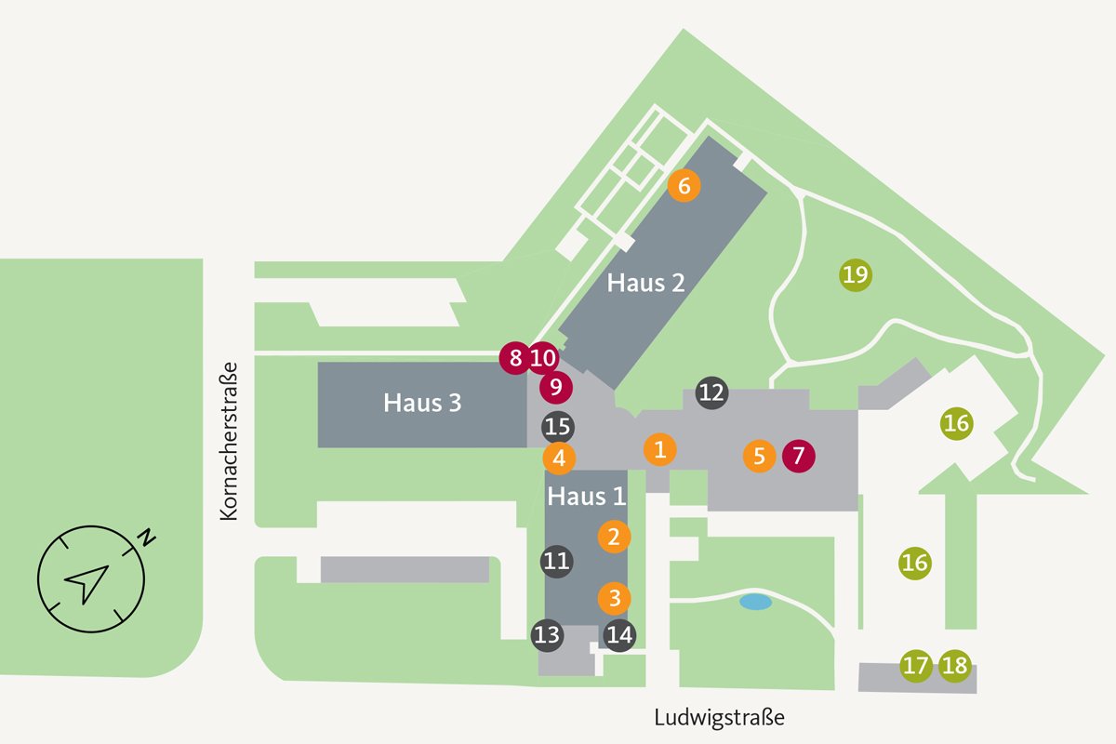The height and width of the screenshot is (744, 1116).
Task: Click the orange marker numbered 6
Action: click(684, 185)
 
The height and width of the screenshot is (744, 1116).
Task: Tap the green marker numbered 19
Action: click(856, 274)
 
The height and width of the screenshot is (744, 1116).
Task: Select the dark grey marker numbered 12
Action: click(711, 392)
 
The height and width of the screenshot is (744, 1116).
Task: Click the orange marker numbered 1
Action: click(659, 450)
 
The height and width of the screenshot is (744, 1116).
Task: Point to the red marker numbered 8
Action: click(515, 357)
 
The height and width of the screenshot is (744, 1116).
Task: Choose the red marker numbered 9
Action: click(556, 385)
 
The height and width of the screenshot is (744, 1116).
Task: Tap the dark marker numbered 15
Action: click(557, 427)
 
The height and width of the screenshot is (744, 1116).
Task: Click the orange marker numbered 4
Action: click(559, 458)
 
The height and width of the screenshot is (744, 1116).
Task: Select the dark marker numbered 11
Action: click(556, 561)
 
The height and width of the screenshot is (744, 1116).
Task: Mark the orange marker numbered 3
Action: click(615, 596)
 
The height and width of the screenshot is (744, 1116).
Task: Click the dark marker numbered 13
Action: click(548, 635)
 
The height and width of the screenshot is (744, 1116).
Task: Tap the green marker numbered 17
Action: click(916, 665)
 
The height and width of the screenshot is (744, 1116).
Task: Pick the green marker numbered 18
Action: click(954, 665)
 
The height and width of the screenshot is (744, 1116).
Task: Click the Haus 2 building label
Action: click(646, 283)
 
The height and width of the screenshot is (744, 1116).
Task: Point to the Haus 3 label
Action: click(422, 404)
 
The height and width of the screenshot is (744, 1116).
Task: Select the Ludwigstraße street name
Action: click(719, 718)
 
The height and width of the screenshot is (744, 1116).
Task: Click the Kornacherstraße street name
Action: click(230, 440)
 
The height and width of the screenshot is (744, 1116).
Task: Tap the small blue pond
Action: click(755, 602)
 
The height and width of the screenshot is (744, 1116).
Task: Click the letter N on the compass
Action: click(147, 537)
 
